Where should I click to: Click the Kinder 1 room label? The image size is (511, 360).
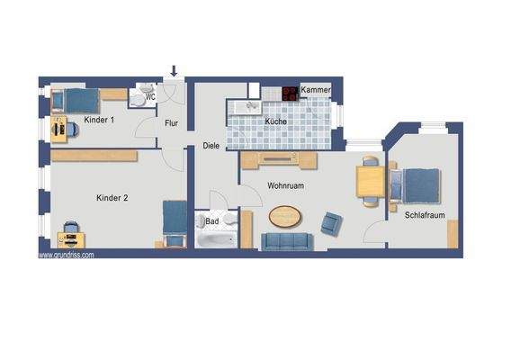click(99, 120)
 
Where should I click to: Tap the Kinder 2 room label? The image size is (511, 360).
click(112, 196)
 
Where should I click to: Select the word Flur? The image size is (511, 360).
click(171, 125)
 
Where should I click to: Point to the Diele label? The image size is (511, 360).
click(211, 145)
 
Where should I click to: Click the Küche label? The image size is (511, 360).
click(275, 121)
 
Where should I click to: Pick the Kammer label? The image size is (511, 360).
click(315, 92)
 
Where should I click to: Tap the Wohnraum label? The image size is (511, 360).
click(288, 186)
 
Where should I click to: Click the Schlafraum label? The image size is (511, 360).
click(426, 215)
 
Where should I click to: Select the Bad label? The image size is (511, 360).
click(212, 220)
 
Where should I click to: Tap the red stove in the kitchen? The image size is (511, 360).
click(290, 92)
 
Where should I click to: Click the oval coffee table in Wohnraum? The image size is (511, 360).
click(285, 217)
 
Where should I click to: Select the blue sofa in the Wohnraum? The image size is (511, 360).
click(286, 240)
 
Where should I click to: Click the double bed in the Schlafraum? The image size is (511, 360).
click(418, 185)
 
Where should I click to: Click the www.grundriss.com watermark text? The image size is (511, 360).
click(65, 255)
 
